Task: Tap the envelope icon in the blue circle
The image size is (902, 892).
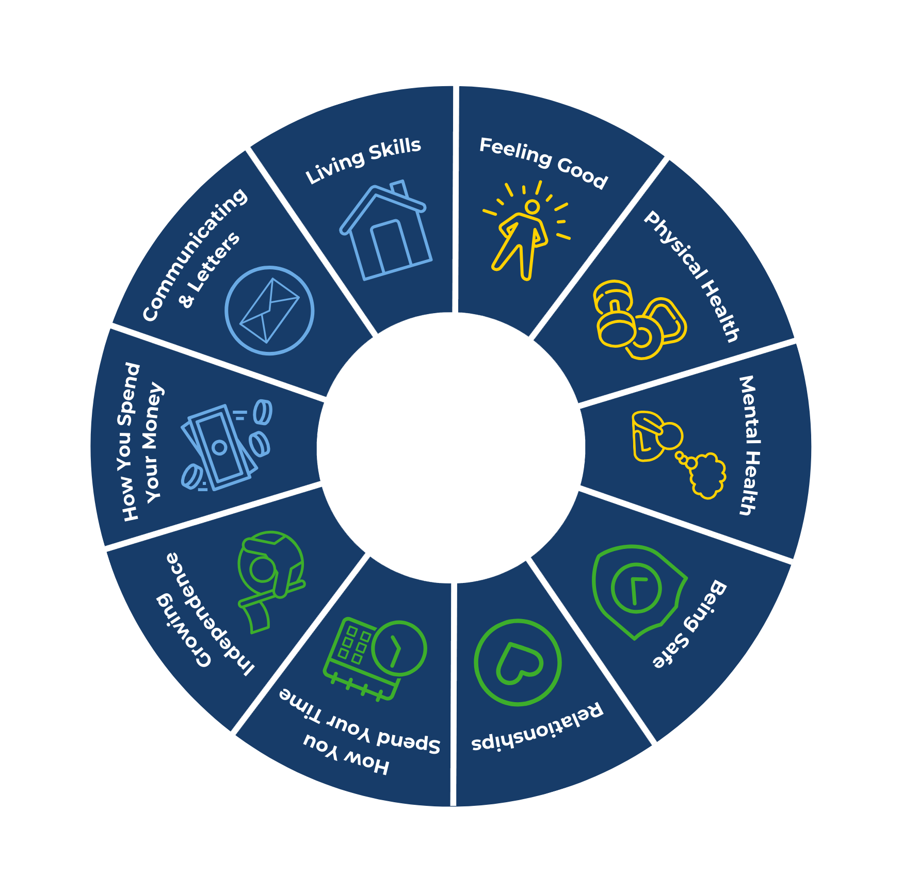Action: pyautogui.click(x=269, y=311)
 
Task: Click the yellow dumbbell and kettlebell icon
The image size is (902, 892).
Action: pyautogui.click(x=639, y=320)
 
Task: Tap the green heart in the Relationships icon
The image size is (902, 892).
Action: pyautogui.click(x=518, y=663)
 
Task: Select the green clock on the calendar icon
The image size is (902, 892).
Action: pyautogui.click(x=399, y=648)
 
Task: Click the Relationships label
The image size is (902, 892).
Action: pyautogui.click(x=537, y=728)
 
